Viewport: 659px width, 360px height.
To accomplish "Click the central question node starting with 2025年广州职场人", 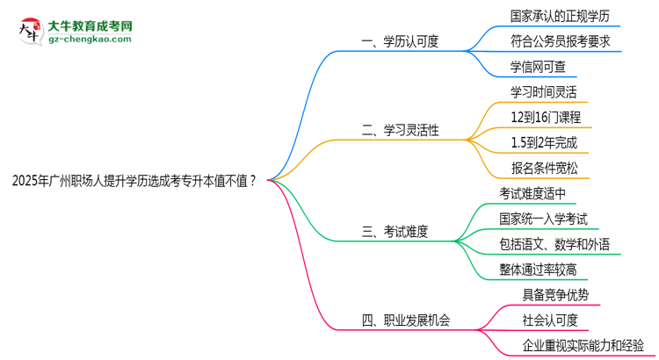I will (135, 182).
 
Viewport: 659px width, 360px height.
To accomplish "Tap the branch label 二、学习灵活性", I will (400, 131).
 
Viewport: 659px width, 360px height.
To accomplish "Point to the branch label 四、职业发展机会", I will (406, 320).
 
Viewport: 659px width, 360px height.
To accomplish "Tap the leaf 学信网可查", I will (538, 66).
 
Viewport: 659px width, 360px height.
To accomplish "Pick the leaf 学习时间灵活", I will (544, 91).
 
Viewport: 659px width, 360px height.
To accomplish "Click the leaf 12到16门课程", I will (545, 117).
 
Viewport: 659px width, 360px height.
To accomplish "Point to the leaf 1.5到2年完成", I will (544, 142).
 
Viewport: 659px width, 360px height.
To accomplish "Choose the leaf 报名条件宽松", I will (544, 168).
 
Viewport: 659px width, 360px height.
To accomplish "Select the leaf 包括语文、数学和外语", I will (554, 244).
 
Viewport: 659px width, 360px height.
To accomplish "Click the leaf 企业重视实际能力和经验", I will (577, 345).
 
